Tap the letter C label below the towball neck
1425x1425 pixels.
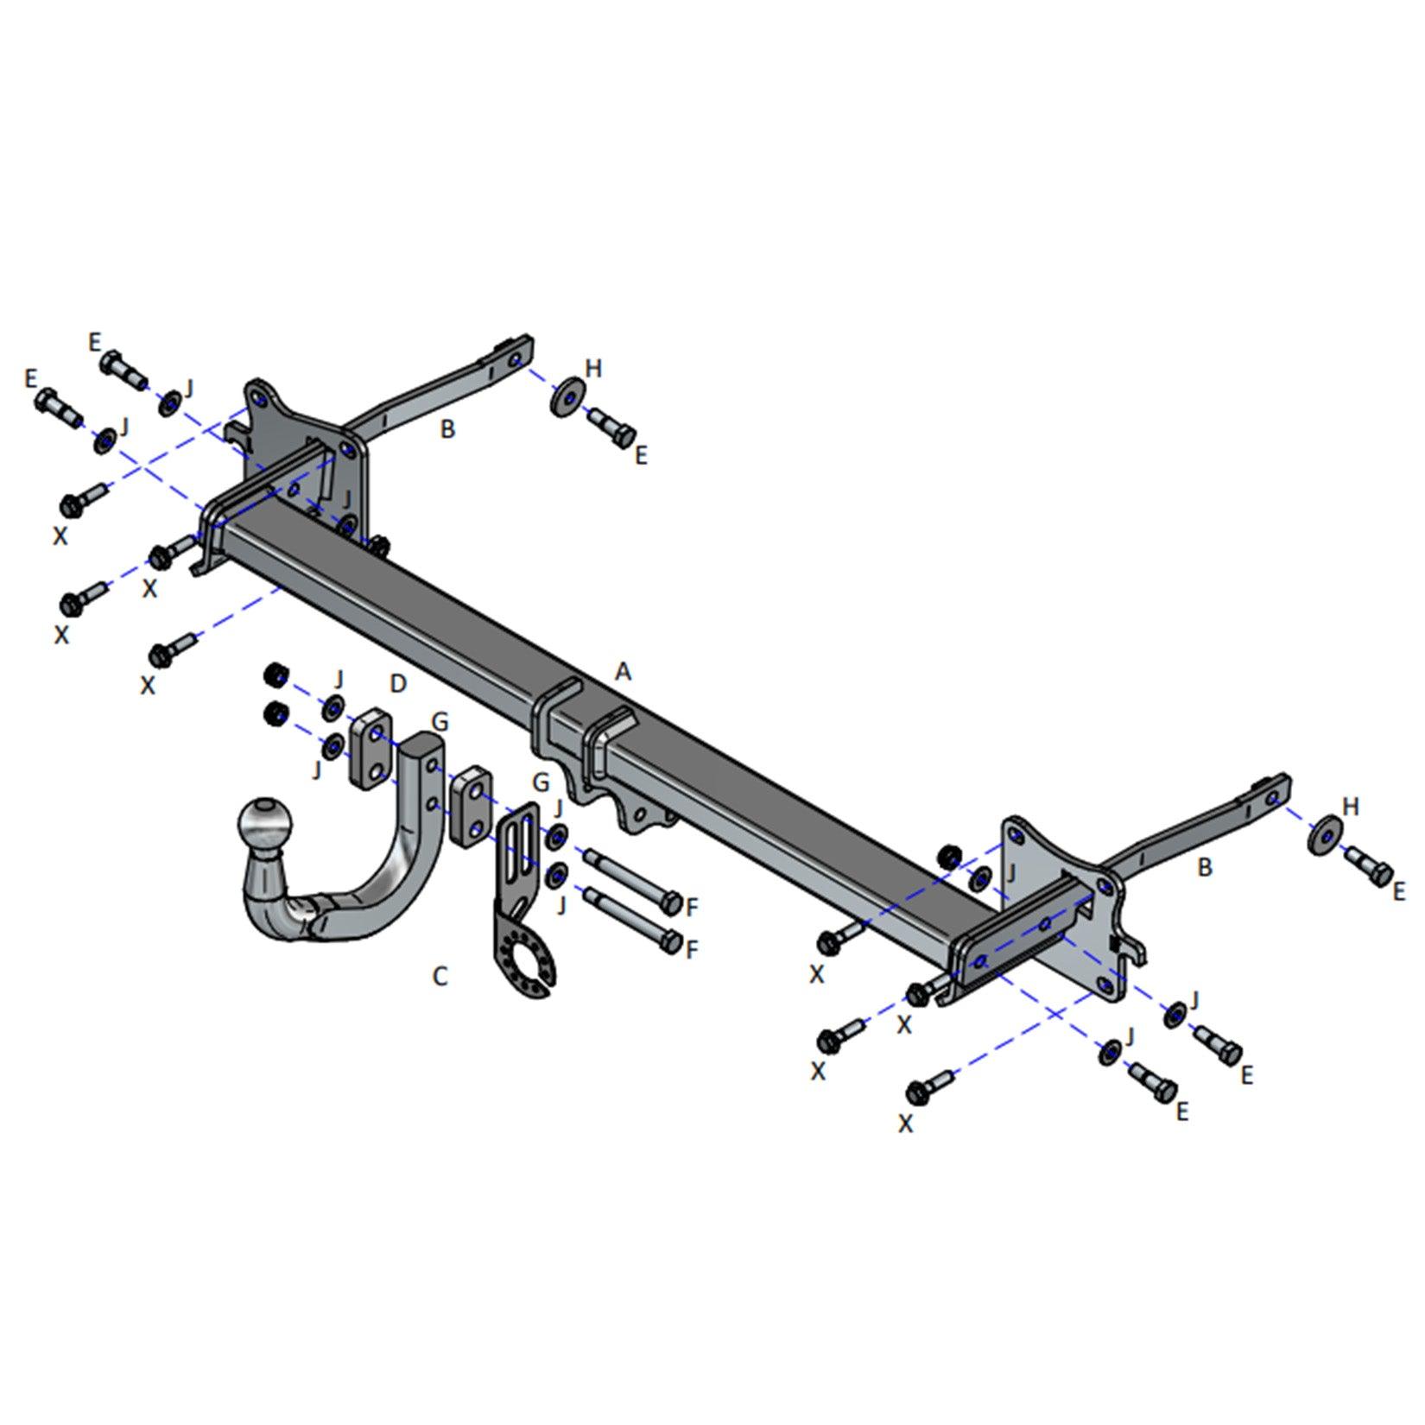440,977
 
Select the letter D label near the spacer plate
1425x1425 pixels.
397,684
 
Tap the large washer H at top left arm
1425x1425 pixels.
566,396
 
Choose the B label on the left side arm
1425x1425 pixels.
447,428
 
